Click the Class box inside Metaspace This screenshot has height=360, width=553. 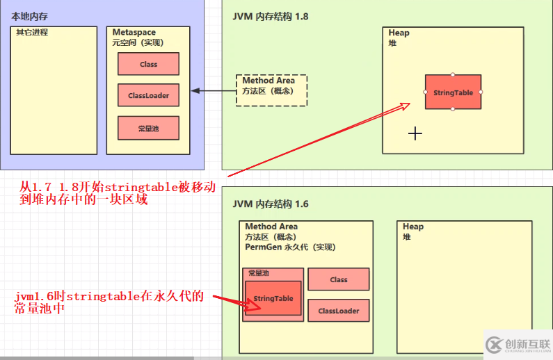pyautogui.click(x=148, y=64)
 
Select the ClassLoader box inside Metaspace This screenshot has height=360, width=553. pyautogui.click(x=148, y=95)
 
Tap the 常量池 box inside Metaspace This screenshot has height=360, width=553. pyautogui.click(x=148, y=128)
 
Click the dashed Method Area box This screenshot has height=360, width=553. pyautogui.click(x=271, y=90)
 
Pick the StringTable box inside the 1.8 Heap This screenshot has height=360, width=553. pyautogui.click(x=453, y=92)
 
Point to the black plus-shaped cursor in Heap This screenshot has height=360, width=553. pyautogui.click(x=415, y=133)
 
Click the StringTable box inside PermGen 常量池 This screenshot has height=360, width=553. pyautogui.click(x=273, y=298)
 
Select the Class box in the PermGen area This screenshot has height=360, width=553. pyautogui.click(x=339, y=279)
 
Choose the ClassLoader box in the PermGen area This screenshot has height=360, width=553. pyautogui.click(x=339, y=311)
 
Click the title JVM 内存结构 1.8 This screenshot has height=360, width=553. pyautogui.click(x=271, y=16)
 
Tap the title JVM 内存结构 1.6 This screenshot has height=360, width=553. pyautogui.click(x=271, y=204)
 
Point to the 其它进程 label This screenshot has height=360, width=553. pyautogui.click(x=32, y=33)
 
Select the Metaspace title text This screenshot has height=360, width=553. pyautogui.click(x=134, y=33)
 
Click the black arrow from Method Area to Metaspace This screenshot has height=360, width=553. pyautogui.click(x=214, y=91)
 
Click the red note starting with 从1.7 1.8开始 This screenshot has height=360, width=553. pyautogui.click(x=118, y=193)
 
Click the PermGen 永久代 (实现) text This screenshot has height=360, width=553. pyautogui.click(x=288, y=247)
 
